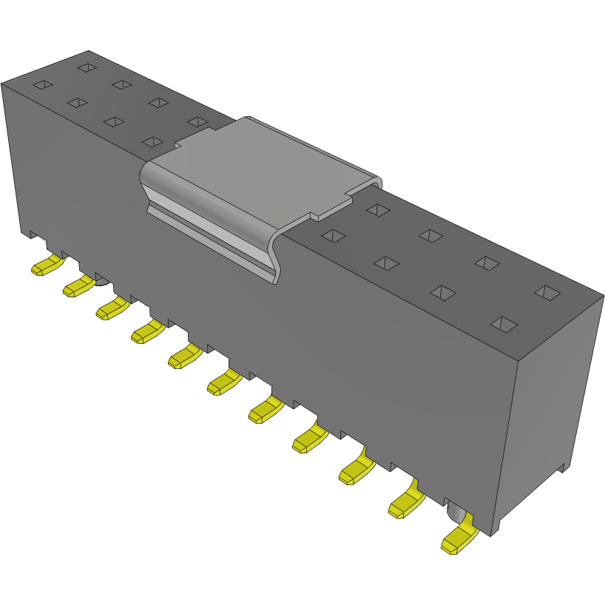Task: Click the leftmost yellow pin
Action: click(x=45, y=266)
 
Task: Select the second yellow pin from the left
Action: click(x=78, y=286)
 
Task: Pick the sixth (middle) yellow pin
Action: click(x=224, y=382)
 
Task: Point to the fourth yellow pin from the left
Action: click(x=146, y=331)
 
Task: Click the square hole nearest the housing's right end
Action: click(x=548, y=293)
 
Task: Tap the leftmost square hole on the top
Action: click(x=43, y=85)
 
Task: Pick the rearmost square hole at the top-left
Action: click(x=87, y=68)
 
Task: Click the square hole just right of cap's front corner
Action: click(x=334, y=236)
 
